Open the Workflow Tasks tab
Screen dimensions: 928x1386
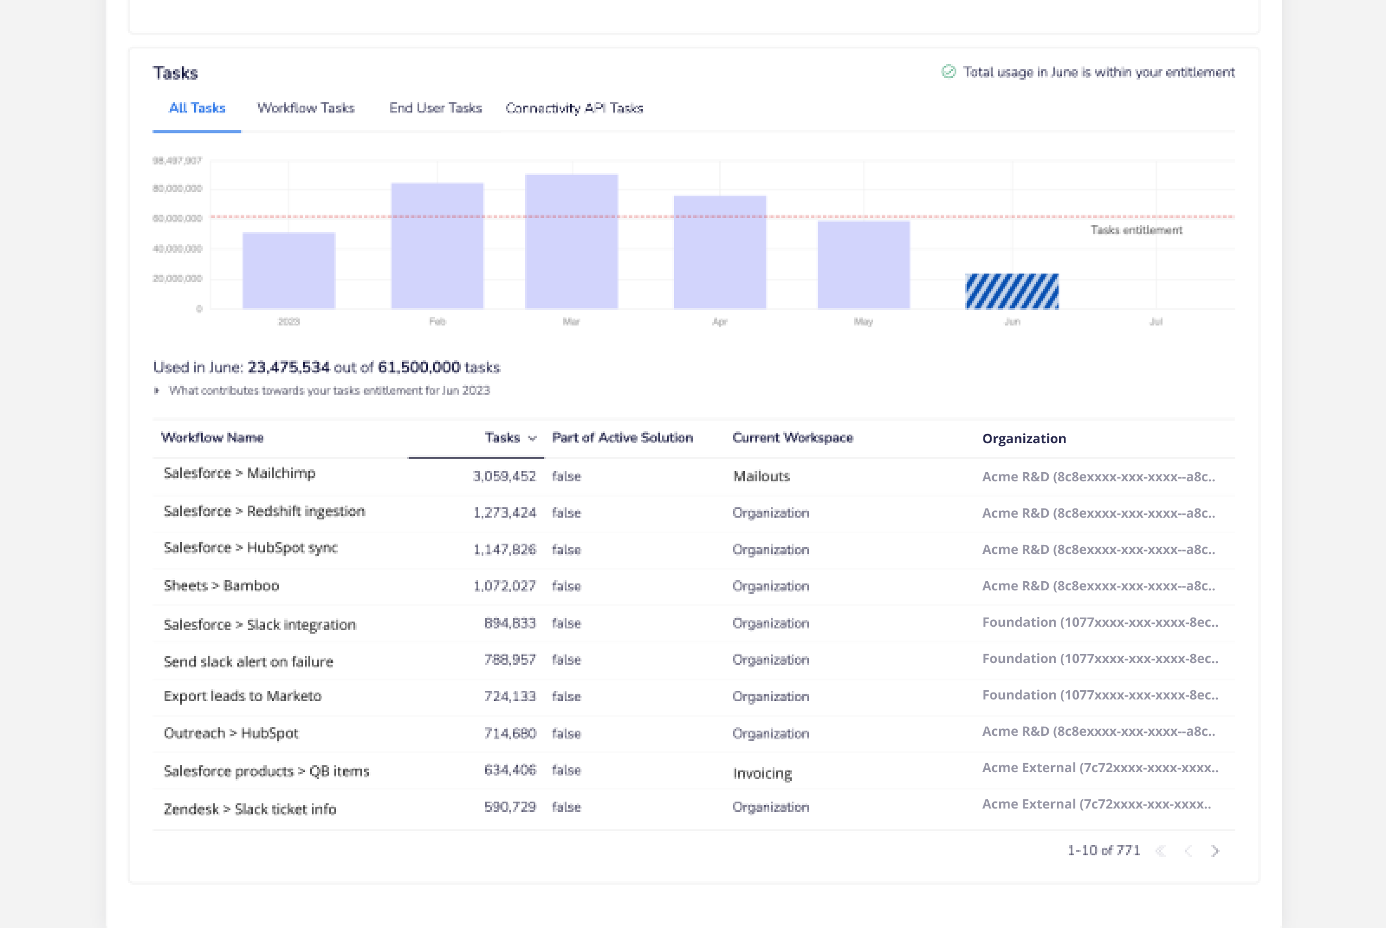click(305, 108)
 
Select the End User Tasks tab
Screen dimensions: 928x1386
click(435, 108)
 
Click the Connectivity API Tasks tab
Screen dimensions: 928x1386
click(573, 108)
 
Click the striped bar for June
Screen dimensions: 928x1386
click(1012, 291)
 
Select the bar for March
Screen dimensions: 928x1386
click(571, 241)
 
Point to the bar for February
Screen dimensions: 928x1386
click(437, 246)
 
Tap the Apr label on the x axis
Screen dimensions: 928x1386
click(720, 322)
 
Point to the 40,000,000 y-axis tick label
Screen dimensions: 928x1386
click(177, 249)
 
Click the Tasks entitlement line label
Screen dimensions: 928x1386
click(1136, 230)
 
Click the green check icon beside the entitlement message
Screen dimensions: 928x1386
click(948, 72)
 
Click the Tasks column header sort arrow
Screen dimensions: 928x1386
click(532, 439)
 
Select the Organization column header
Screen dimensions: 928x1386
click(1024, 439)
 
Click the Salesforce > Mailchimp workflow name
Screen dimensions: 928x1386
click(239, 473)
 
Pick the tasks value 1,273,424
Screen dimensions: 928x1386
click(504, 513)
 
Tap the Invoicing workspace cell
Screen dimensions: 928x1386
click(762, 773)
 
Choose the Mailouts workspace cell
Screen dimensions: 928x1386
click(761, 477)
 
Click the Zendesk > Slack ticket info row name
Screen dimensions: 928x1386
click(250, 809)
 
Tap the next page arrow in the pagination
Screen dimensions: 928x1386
click(1215, 851)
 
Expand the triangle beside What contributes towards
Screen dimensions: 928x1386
click(157, 391)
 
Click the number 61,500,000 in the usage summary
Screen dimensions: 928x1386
click(419, 368)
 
